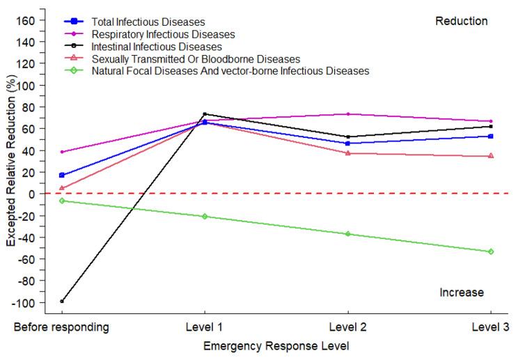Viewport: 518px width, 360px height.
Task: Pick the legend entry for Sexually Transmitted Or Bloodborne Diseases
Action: click(195, 58)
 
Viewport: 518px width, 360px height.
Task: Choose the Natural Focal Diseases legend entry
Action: click(230, 71)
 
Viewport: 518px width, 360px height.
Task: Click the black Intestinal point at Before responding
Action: click(62, 302)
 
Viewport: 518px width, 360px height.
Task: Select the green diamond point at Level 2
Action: click(347, 234)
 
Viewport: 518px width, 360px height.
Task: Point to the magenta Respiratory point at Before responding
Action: click(62, 152)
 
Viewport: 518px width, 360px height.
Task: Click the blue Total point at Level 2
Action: click(347, 143)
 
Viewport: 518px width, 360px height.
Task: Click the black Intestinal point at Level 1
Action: click(205, 114)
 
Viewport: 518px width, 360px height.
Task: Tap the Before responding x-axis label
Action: click(62, 327)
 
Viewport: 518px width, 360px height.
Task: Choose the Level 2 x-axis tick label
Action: click(347, 327)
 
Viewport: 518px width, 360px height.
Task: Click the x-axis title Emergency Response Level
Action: click(276, 345)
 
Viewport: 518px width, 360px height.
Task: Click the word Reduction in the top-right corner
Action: click(462, 22)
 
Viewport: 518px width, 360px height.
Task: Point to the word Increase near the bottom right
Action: click(462, 292)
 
